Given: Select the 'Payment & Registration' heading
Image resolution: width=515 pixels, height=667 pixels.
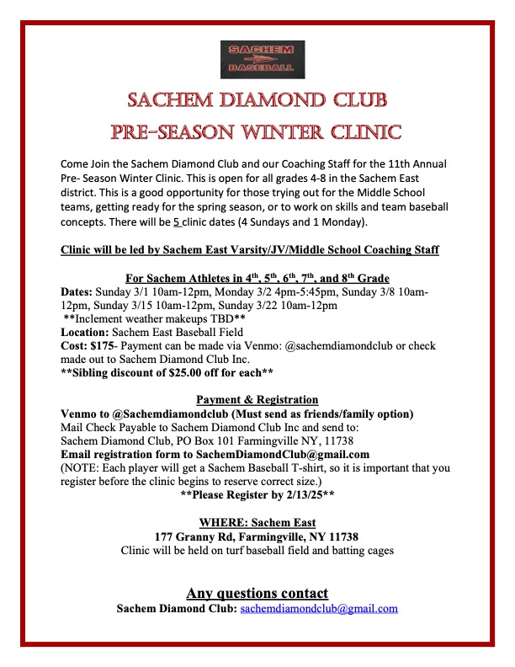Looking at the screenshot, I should tap(257, 399).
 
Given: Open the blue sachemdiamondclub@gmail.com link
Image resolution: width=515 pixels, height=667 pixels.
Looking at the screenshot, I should tap(319, 608).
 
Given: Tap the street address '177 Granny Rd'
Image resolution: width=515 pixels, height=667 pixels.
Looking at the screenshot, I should tap(193, 536).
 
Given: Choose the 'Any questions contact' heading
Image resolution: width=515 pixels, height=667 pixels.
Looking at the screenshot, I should tap(257, 592).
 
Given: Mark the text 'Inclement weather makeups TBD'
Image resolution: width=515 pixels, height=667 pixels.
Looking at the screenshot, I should tap(155, 319).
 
